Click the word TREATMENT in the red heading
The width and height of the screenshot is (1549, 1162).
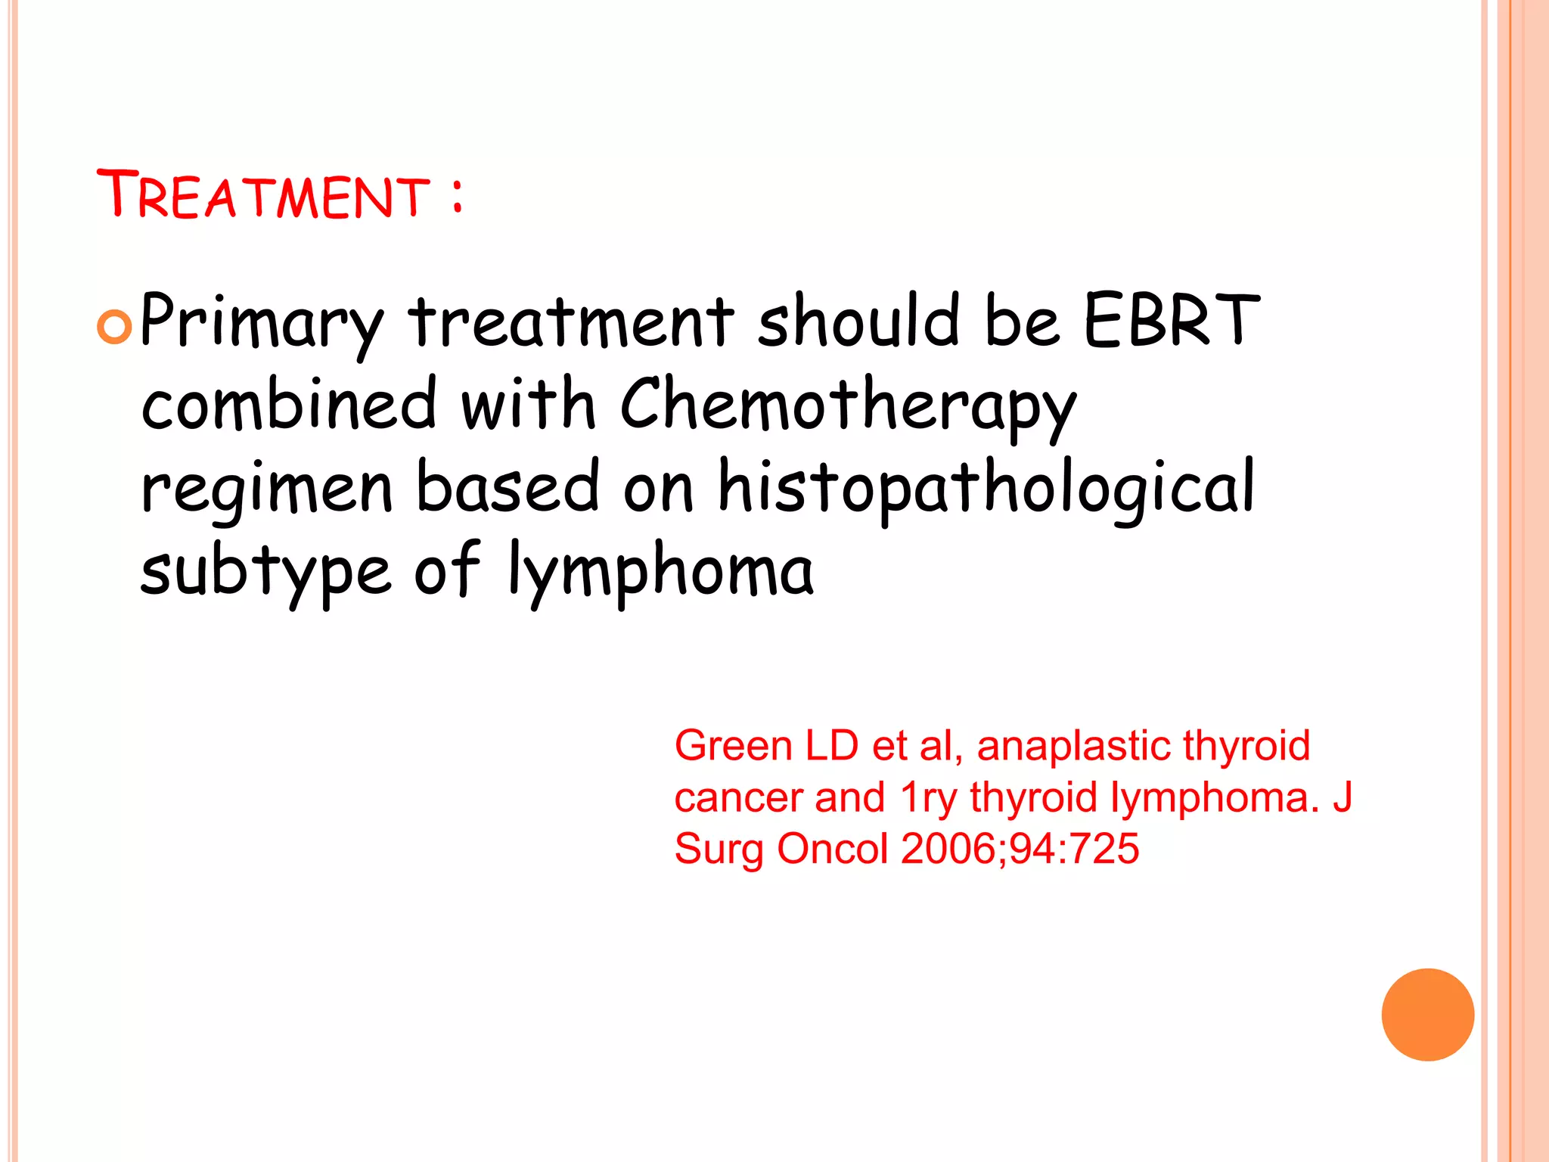click(x=263, y=195)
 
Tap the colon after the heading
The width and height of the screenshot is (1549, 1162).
click(x=456, y=195)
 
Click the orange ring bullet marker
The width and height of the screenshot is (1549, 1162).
click(x=115, y=327)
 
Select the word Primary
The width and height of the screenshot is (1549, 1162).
click(x=262, y=322)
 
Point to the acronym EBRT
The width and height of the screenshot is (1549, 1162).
click(x=1171, y=321)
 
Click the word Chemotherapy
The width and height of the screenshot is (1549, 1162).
click(x=847, y=405)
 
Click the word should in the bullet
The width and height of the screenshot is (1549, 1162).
click(x=858, y=321)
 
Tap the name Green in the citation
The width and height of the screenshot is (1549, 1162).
click(x=733, y=746)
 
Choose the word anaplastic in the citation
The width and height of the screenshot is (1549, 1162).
click(x=1073, y=746)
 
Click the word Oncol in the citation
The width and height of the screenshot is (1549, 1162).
click(x=832, y=848)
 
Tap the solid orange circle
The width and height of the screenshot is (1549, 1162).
click(x=1427, y=1014)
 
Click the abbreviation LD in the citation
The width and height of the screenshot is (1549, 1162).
click(x=831, y=746)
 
